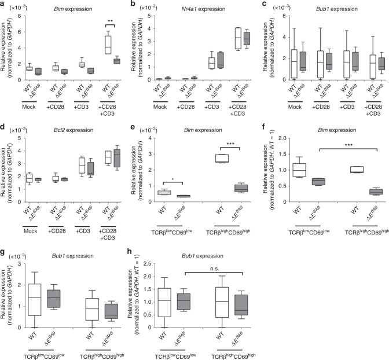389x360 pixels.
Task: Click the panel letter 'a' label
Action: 3,3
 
